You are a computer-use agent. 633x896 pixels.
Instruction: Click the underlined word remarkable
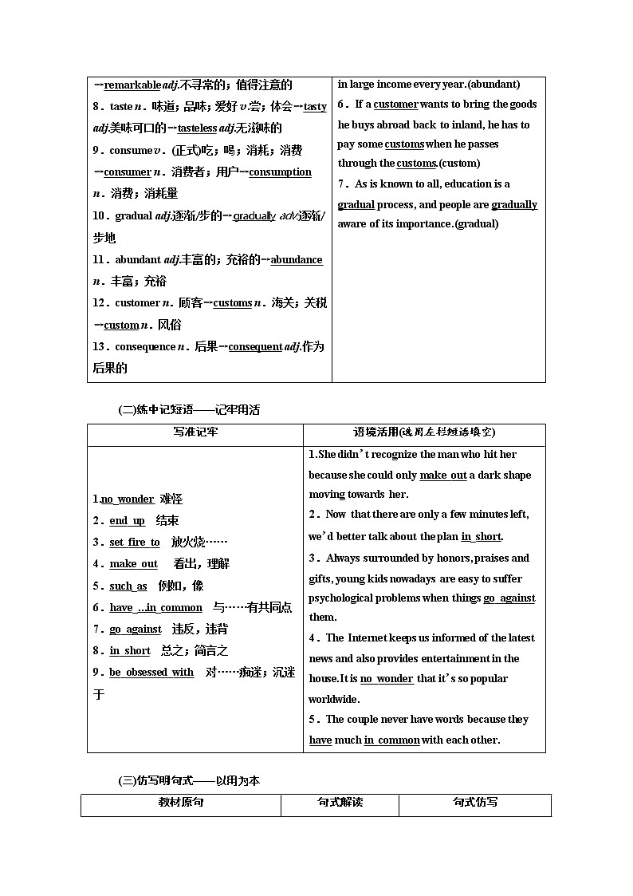(x=132, y=85)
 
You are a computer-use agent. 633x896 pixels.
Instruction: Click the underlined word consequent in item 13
(x=255, y=347)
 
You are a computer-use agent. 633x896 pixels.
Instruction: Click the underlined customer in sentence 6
(x=395, y=105)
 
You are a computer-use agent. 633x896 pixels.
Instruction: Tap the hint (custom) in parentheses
(x=460, y=164)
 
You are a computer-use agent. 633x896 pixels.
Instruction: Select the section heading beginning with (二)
(x=189, y=410)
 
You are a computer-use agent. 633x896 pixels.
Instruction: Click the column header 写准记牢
(x=195, y=432)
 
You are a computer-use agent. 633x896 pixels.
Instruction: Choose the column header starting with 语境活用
(x=424, y=432)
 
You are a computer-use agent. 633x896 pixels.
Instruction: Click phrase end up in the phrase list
(x=127, y=521)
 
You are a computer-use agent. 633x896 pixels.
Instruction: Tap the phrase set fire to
(x=134, y=543)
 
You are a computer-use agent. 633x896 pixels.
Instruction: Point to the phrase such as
(x=128, y=586)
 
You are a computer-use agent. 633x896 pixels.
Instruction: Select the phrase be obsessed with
(x=151, y=673)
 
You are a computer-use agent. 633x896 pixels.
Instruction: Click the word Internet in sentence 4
(x=367, y=638)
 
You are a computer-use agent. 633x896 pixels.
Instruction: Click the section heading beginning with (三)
(x=189, y=781)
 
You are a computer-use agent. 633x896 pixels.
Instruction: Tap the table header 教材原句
(x=181, y=803)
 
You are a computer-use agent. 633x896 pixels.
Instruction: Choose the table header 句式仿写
(x=475, y=803)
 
